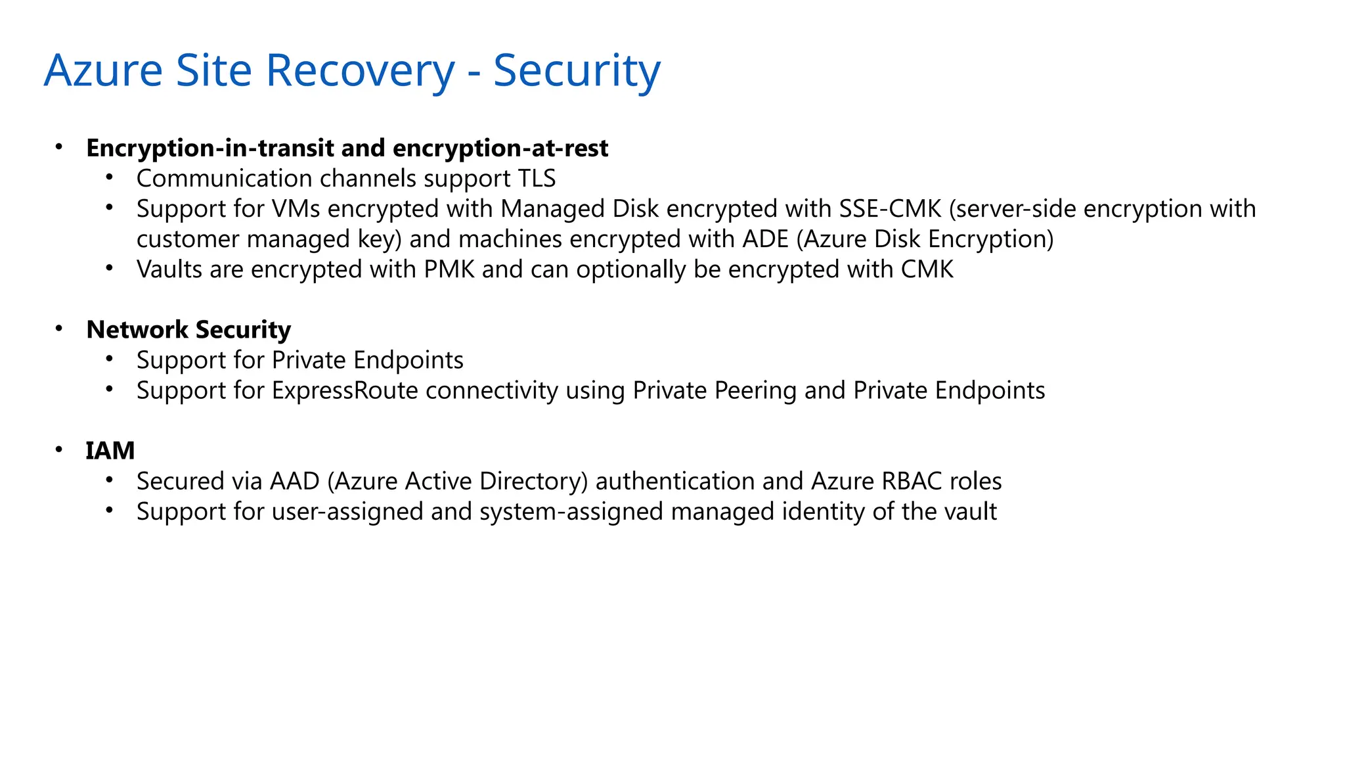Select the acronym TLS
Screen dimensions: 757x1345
533,179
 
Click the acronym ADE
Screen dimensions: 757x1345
765,239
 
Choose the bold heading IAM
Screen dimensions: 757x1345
110,451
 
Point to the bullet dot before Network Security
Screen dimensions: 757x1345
59,329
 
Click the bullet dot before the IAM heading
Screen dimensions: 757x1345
59,449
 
